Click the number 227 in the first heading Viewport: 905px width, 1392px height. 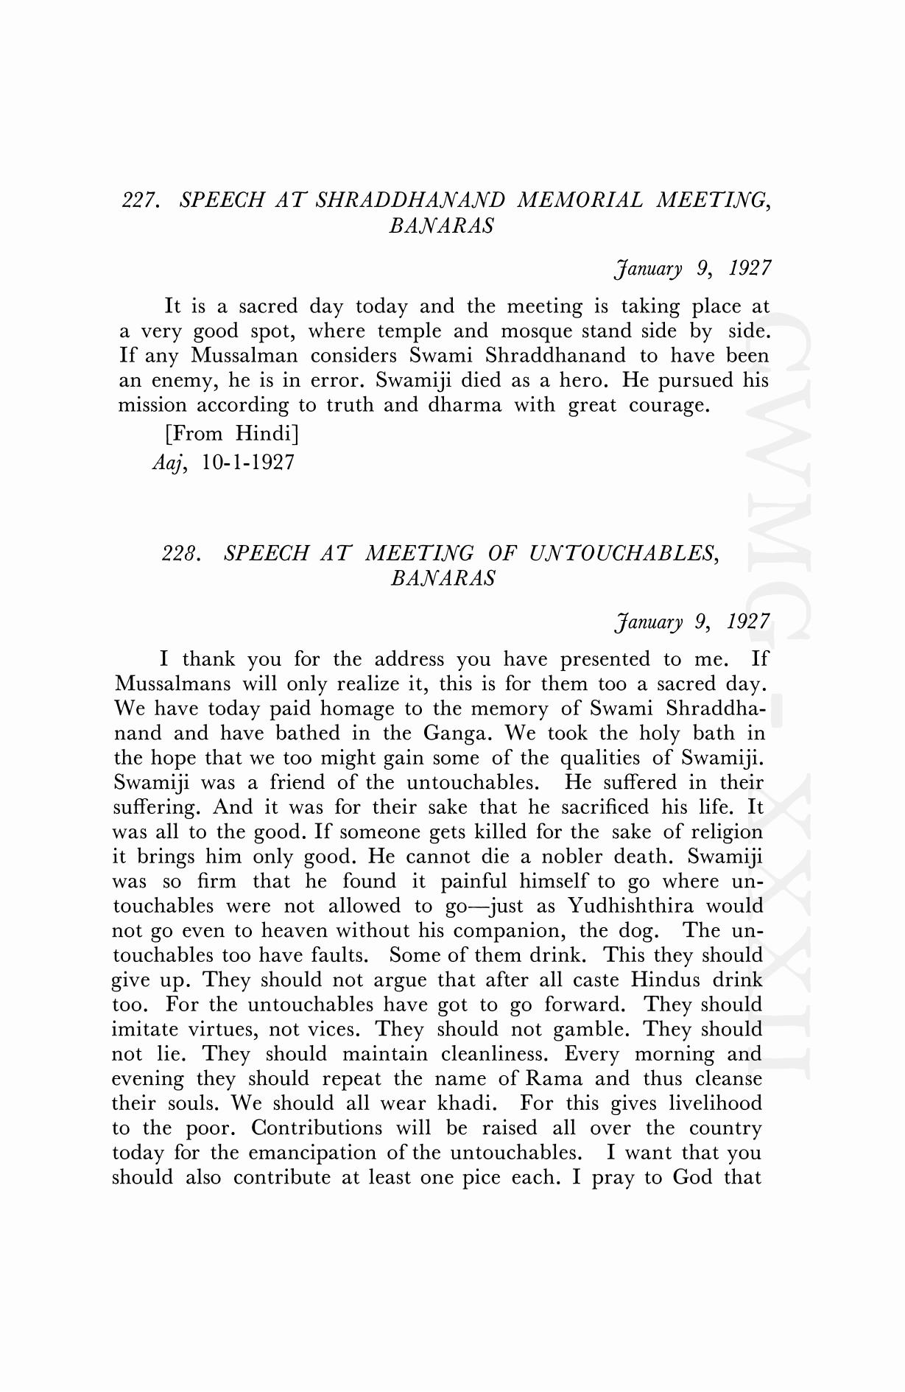[140, 200]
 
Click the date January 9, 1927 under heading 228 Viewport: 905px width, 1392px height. [692, 622]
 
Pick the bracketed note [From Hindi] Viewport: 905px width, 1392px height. [231, 433]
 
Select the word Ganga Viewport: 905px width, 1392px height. [449, 734]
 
